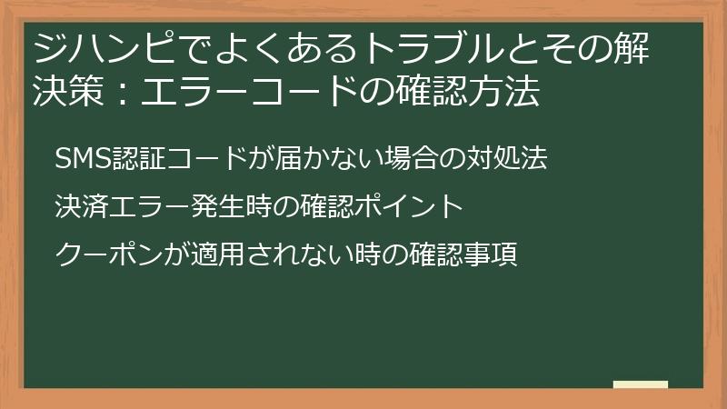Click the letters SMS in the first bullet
point(81,159)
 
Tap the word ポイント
point(406,206)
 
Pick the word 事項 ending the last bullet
point(494,254)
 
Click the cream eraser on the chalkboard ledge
point(640,384)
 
